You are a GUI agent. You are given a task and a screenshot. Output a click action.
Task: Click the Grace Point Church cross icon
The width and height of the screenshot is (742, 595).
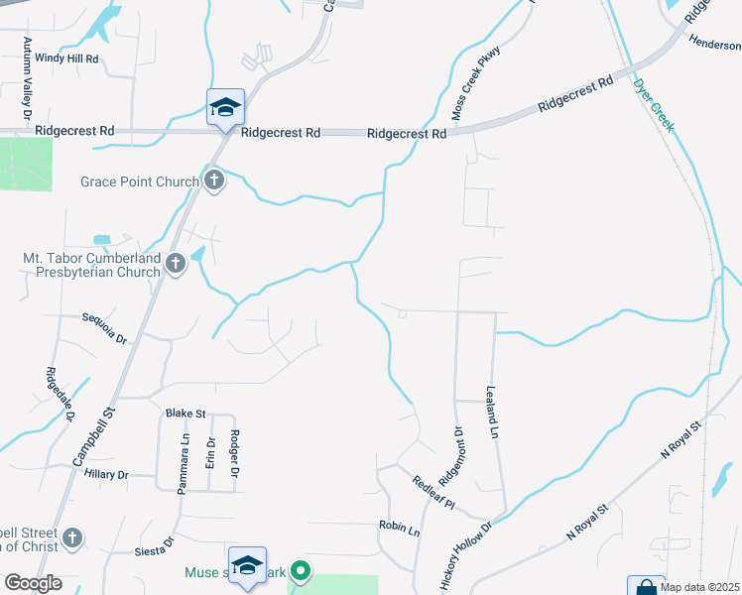tap(213, 180)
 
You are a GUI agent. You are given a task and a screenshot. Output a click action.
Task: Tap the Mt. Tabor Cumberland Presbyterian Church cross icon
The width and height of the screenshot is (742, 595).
tap(176, 264)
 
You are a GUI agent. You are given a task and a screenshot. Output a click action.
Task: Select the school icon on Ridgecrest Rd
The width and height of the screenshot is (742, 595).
tap(225, 107)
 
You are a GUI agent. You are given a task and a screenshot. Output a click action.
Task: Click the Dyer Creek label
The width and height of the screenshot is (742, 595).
tap(654, 105)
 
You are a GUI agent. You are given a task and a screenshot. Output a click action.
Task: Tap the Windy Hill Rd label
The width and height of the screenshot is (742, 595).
tap(67, 59)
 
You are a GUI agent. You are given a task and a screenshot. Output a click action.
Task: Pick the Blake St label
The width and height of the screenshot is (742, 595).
tap(185, 414)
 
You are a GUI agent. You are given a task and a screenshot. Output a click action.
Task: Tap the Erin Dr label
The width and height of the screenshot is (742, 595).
tap(210, 455)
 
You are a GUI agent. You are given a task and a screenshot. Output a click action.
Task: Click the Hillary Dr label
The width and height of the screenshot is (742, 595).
tap(107, 475)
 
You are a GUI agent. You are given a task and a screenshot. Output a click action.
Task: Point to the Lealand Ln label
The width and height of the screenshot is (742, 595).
tap(491, 413)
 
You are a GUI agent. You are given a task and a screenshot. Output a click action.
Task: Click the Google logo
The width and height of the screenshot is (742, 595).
tap(33, 583)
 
